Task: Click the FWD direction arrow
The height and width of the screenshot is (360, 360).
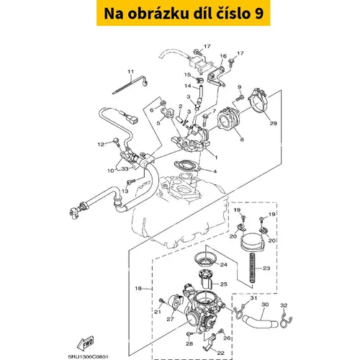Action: click(x=86, y=343)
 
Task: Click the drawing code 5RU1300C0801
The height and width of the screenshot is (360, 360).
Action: click(x=88, y=357)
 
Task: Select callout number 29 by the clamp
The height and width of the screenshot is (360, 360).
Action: click(x=273, y=123)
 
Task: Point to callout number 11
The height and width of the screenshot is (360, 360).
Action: click(x=130, y=71)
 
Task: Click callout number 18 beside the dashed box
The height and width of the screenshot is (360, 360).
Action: click(x=138, y=288)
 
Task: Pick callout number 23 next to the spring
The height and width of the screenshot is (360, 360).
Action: click(x=266, y=268)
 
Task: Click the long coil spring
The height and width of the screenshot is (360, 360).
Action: click(x=252, y=268)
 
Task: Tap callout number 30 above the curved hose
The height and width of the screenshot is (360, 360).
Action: click(x=265, y=305)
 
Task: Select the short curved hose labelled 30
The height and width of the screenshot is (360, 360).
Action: click(x=259, y=323)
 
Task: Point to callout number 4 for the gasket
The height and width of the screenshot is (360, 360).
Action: click(x=215, y=171)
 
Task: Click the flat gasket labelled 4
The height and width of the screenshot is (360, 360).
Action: click(x=187, y=166)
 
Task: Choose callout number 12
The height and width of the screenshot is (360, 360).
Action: click(x=101, y=144)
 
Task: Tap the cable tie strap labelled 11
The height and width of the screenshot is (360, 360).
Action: click(x=130, y=84)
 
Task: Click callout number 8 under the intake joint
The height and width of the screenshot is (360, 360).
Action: click(x=242, y=139)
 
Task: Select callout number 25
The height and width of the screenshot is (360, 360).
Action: click(x=224, y=284)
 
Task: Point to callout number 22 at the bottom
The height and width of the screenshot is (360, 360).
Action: click(x=220, y=353)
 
